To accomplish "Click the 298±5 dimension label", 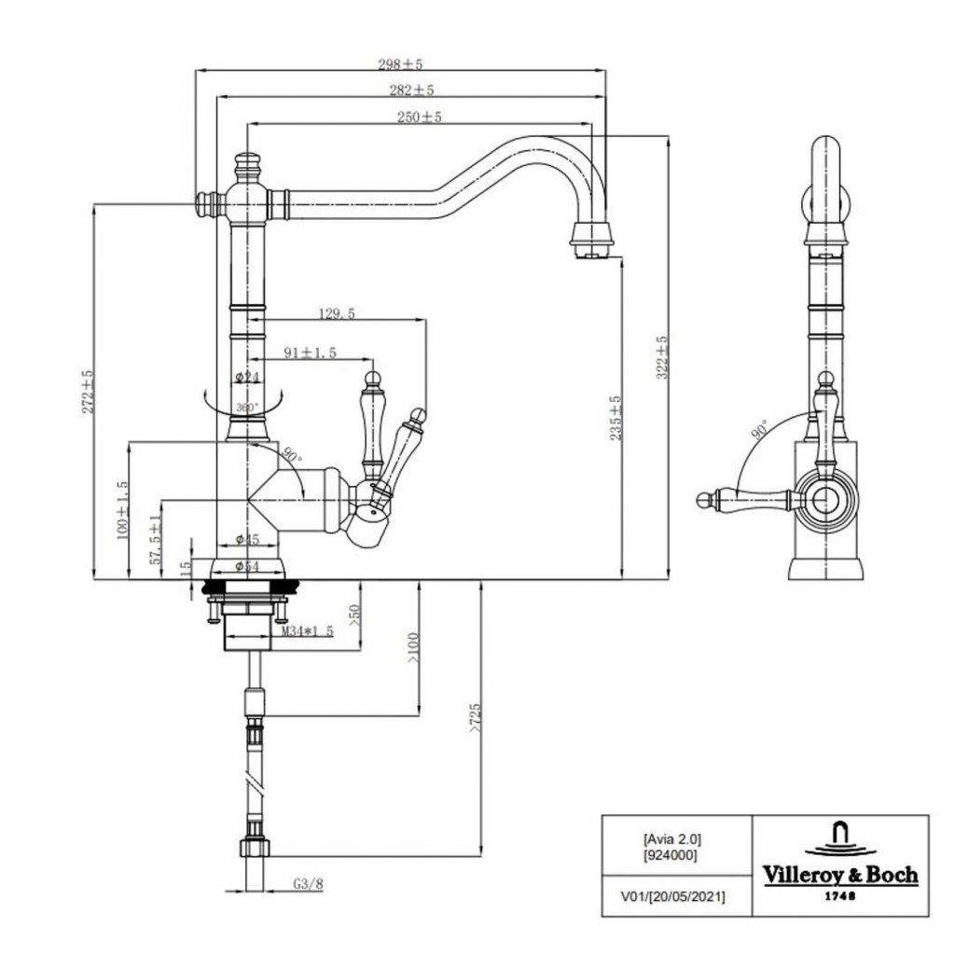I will [400, 64].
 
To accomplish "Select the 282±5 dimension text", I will [411, 90].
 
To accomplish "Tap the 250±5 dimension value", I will [419, 118].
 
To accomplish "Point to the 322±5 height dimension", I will [663, 358].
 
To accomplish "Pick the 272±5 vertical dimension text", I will [89, 392].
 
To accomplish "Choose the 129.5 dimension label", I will [336, 314].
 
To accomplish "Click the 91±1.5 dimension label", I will [310, 353].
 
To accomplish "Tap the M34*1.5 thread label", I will [309, 632].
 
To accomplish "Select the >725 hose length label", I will [477, 719].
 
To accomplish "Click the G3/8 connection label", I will [308, 884].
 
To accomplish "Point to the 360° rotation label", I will [246, 408].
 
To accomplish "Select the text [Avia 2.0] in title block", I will [671, 837].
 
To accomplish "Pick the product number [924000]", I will [671, 853].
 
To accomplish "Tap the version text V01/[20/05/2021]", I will [672, 896].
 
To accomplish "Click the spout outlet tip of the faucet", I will [591, 250].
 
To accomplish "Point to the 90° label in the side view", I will [760, 429].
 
